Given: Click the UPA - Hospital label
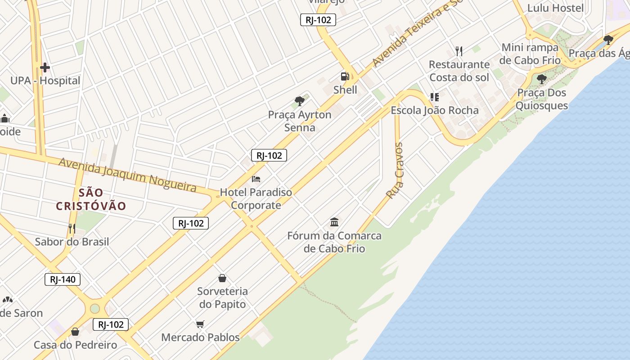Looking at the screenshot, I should pyautogui.click(x=45, y=81).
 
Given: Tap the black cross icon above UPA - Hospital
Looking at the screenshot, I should pyautogui.click(x=45, y=68).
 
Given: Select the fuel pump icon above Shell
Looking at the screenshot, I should pyautogui.click(x=345, y=76).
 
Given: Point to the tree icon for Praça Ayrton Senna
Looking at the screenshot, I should pyautogui.click(x=300, y=101).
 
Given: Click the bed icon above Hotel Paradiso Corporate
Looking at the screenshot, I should pyautogui.click(x=256, y=179).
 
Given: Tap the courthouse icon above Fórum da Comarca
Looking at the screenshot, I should pyautogui.click(x=334, y=222).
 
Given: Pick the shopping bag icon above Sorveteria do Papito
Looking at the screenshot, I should pyautogui.click(x=222, y=278).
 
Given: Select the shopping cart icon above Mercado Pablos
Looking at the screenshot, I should pyautogui.click(x=200, y=324).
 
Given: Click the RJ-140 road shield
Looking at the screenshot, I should pyautogui.click(x=63, y=279).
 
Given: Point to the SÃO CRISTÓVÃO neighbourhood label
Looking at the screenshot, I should pyautogui.click(x=91, y=199).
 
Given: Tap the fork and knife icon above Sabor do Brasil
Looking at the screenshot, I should pyautogui.click(x=72, y=228).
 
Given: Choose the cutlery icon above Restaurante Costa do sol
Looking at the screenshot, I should pyautogui.click(x=459, y=51).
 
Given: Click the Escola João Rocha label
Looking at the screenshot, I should pyautogui.click(x=434, y=110).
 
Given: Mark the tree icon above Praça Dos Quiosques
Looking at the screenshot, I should pyautogui.click(x=542, y=79).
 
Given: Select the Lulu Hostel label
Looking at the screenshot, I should pyautogui.click(x=555, y=8).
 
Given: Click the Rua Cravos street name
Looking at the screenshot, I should pyautogui.click(x=395, y=171).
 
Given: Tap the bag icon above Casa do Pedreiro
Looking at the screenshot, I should pyautogui.click(x=75, y=332).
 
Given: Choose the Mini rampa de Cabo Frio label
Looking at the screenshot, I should pyautogui.click(x=530, y=54).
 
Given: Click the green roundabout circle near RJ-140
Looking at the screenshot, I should pyautogui.click(x=94, y=308).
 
